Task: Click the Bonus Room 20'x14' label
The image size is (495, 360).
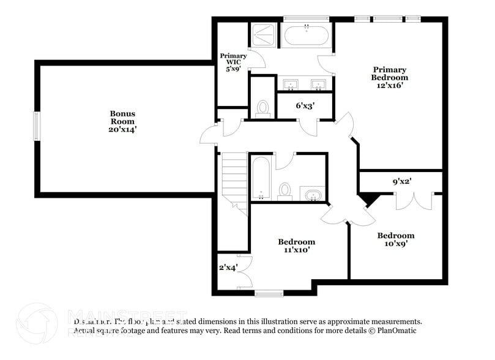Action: pyautogui.click(x=122, y=121)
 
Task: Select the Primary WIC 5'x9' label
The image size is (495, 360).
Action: pyautogui.click(x=233, y=62)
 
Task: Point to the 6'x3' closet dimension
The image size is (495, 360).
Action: pyautogui.click(x=304, y=106)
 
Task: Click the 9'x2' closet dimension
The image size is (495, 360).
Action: pyautogui.click(x=401, y=181)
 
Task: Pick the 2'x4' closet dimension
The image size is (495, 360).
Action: pyautogui.click(x=227, y=268)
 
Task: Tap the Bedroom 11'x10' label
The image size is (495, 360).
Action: pyautogui.click(x=296, y=246)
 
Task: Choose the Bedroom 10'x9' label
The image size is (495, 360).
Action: pyautogui.click(x=395, y=239)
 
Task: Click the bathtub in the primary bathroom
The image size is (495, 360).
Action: pyautogui.click(x=307, y=35)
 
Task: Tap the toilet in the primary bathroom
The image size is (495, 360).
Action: pyautogui.click(x=263, y=108)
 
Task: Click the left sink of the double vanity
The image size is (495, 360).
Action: pyautogui.click(x=291, y=84)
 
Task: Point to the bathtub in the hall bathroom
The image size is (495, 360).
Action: pyautogui.click(x=261, y=178)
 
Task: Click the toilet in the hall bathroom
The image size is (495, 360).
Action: pyautogui.click(x=285, y=190)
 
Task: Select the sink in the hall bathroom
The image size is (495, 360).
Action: pyautogui.click(x=313, y=194)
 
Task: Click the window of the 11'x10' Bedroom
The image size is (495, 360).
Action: pyautogui.click(x=269, y=294)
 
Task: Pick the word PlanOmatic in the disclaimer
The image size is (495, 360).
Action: pyautogui.click(x=400, y=331)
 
